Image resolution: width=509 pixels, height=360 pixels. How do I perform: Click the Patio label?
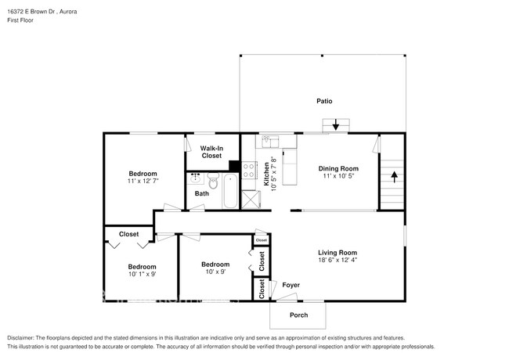coord(324,101)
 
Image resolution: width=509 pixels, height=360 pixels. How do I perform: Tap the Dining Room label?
coord(338,168)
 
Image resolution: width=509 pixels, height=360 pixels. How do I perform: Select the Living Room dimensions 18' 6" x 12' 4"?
coord(338,261)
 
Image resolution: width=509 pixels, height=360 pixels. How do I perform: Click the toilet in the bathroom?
coord(212,182)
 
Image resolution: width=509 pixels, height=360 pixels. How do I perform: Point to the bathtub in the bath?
coord(230,191)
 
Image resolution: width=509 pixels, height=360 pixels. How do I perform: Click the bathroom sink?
coord(194,178)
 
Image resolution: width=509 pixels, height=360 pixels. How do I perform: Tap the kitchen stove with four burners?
coord(249,170)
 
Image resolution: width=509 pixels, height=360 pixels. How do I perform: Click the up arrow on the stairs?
coord(393,176)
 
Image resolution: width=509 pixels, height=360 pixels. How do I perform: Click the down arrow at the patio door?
coord(335,124)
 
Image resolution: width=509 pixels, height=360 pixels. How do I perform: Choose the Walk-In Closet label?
coord(211,152)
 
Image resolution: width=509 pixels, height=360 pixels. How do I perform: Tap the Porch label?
coord(298,315)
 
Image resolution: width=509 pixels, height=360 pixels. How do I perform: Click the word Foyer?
coord(291,285)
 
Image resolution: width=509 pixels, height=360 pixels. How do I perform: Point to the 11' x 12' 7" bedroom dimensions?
coord(143,181)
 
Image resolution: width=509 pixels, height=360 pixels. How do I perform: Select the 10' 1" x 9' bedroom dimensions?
coord(143,274)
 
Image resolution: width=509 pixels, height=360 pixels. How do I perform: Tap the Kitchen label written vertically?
coord(266,172)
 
